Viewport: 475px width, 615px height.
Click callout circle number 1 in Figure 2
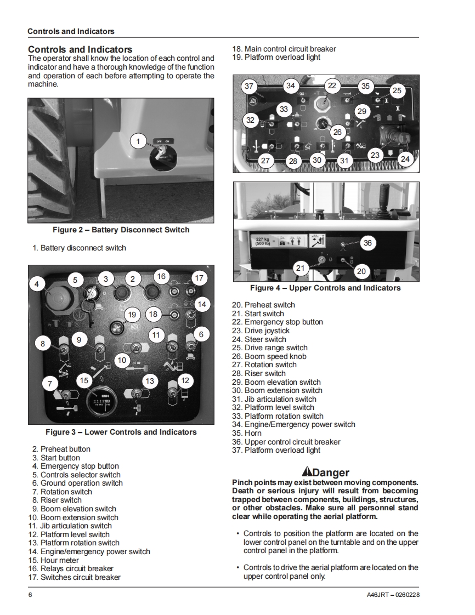[x=138, y=142]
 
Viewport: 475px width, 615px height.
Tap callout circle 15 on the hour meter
[x=84, y=380]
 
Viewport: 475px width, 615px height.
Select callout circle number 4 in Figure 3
[x=36, y=284]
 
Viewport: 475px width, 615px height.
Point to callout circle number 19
[x=132, y=315]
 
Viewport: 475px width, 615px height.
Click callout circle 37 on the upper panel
[x=250, y=86]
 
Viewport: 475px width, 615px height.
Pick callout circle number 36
[x=367, y=243]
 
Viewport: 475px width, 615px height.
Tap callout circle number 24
[x=405, y=159]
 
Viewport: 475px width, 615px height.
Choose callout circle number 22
[x=332, y=86]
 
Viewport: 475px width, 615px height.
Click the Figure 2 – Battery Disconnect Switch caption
[x=121, y=230]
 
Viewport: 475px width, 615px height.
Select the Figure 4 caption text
[x=325, y=288]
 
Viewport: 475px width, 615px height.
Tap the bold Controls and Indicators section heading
[x=80, y=49]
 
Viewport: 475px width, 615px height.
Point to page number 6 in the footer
[x=30, y=595]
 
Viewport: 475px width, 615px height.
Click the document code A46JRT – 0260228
[x=393, y=595]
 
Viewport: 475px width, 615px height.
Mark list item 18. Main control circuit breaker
[x=284, y=49]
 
